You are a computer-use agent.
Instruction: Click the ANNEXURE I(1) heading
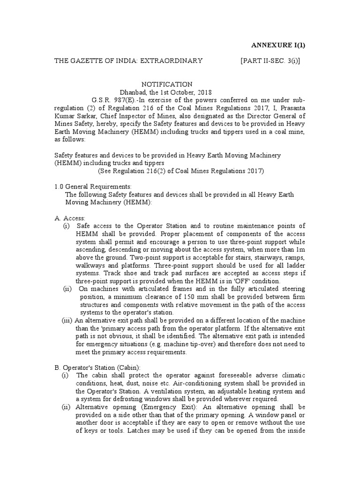[279, 45]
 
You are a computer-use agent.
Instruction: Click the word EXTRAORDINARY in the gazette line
[173, 61]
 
